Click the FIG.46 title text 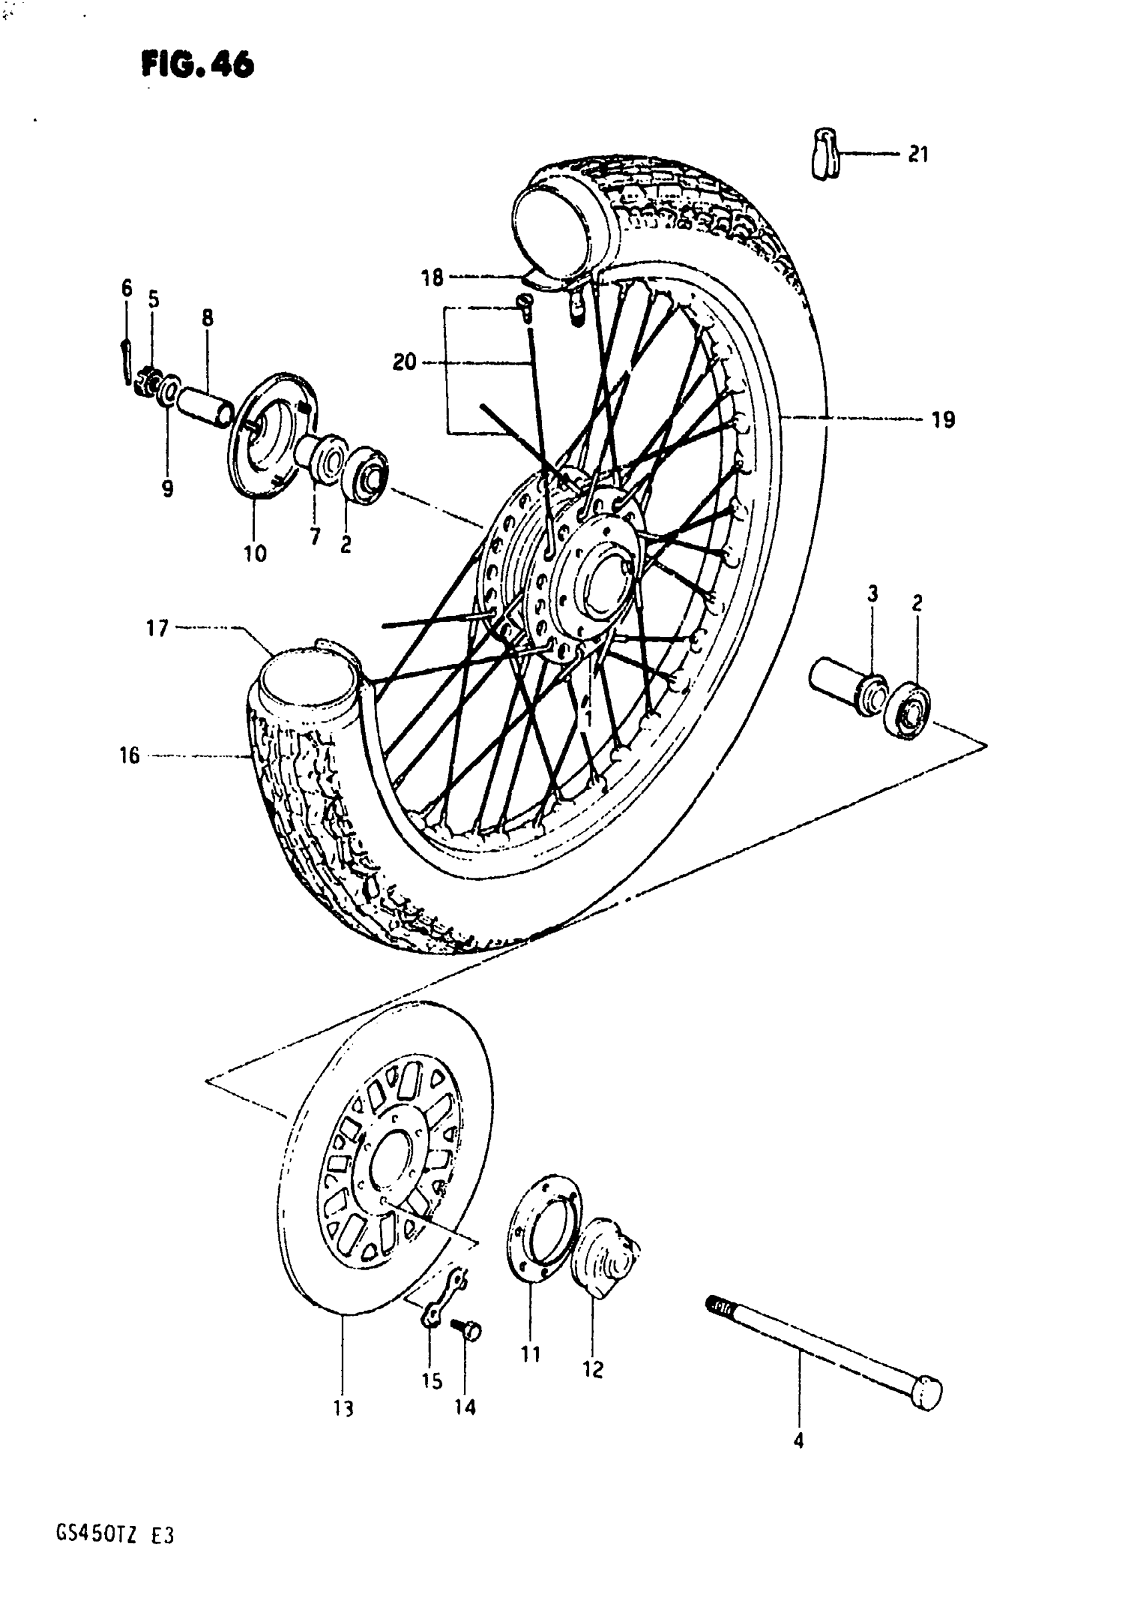(x=198, y=66)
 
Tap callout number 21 (x=918, y=154)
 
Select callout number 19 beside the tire (x=943, y=420)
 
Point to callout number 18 (x=433, y=279)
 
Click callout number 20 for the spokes (x=405, y=363)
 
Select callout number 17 (x=158, y=627)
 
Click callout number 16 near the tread (x=130, y=756)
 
